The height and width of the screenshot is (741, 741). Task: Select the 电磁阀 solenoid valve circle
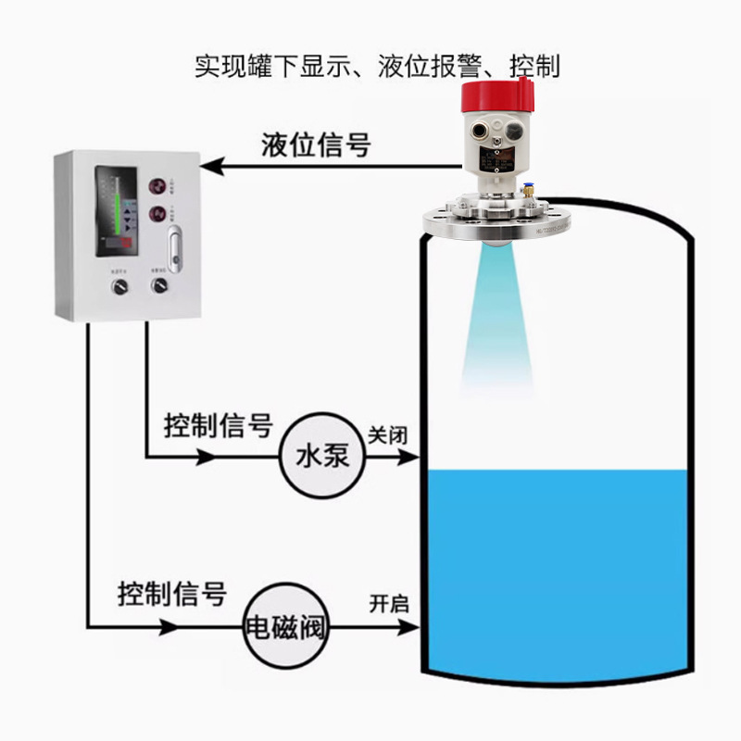(285, 624)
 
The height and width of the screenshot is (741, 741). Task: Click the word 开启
(388, 604)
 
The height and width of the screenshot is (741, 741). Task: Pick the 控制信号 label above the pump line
(219, 426)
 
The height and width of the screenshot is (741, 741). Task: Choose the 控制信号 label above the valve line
(172, 593)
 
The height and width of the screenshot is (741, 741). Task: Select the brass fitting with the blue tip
(532, 189)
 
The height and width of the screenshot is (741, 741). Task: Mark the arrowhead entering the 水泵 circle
(207, 457)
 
